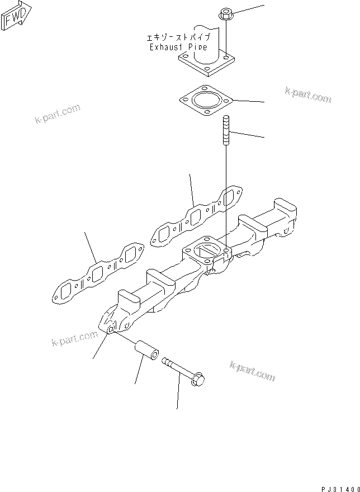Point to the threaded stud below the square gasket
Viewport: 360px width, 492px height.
tap(226, 130)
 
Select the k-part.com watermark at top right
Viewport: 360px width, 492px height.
tap(307, 95)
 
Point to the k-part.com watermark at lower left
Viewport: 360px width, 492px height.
tap(74, 339)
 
